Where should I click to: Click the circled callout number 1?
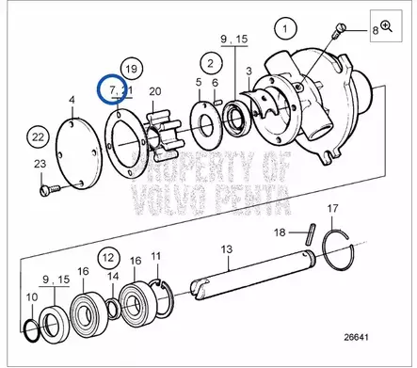tap(285, 29)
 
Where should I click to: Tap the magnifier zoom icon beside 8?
tap(386, 26)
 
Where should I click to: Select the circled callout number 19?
tap(132, 69)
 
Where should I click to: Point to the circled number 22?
tap(38, 137)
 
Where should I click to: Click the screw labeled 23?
tap(50, 189)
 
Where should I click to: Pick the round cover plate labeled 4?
tap(79, 153)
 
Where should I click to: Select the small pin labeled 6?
tap(217, 102)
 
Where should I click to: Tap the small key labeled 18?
tap(310, 233)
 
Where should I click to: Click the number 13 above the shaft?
tap(227, 249)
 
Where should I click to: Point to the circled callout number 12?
tap(108, 258)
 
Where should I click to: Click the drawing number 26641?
tap(357, 337)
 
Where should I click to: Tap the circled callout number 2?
tap(211, 63)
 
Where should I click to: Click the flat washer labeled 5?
tap(206, 124)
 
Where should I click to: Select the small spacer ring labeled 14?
tap(113, 309)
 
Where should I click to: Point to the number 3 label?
tap(249, 71)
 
